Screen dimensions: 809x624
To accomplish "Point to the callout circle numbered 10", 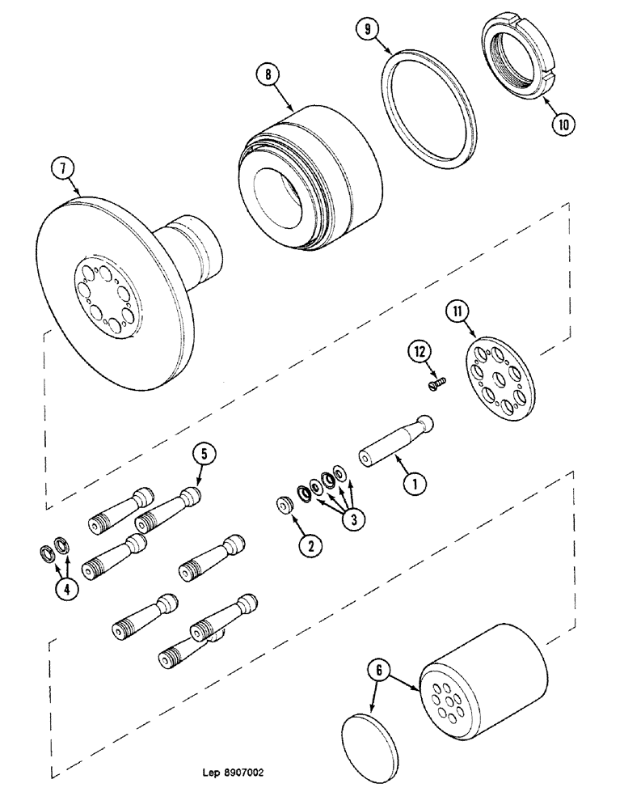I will pos(564,125).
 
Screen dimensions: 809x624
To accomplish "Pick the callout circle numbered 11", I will pos(458,311).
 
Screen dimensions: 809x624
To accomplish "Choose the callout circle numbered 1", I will pos(413,485).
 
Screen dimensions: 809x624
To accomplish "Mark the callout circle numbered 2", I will pos(308,544).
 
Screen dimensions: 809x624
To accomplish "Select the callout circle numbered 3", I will pos(351,519).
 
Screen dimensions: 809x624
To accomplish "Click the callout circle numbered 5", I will pos(204,455).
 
